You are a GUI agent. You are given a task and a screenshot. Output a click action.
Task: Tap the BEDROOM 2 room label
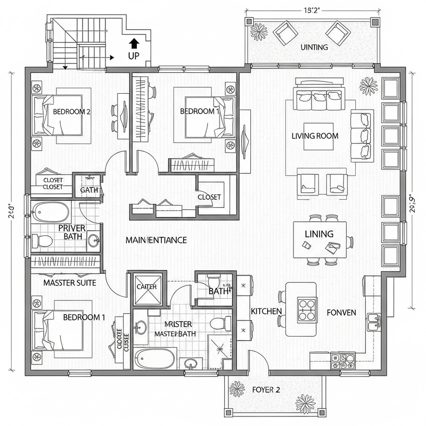(72, 112)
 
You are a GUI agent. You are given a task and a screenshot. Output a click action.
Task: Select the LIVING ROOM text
(315, 136)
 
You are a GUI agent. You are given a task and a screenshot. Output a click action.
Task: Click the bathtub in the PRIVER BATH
(50, 212)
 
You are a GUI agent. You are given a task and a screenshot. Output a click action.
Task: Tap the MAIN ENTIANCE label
(156, 240)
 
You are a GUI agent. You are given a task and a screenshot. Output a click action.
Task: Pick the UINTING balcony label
(314, 47)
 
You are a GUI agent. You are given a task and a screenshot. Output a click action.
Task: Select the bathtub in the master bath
(154, 358)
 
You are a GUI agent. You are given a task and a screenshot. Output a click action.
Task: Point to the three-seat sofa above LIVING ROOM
(319, 96)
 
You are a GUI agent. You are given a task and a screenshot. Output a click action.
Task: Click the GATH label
(88, 190)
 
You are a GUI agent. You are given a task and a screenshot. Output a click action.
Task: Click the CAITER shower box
(146, 286)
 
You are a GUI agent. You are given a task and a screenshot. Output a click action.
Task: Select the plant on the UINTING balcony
(259, 32)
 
